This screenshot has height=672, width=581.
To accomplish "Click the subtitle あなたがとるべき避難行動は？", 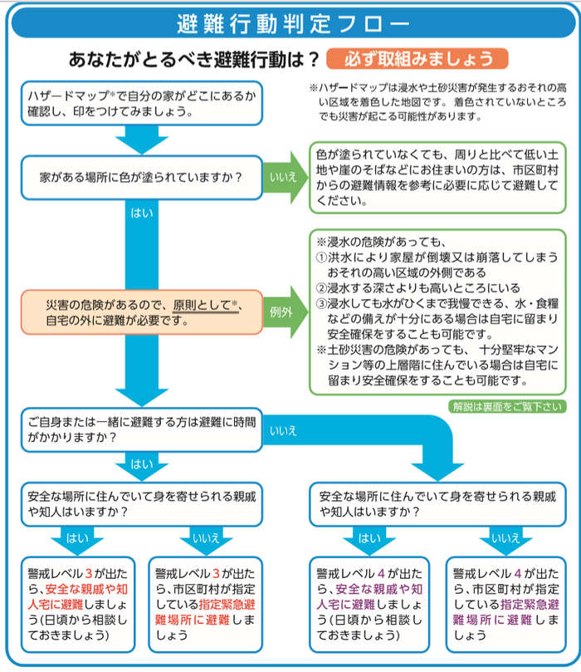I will [x=195, y=60].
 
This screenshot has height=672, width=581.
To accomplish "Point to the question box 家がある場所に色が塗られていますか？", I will [x=141, y=177].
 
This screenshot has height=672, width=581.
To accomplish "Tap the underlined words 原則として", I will [x=203, y=305].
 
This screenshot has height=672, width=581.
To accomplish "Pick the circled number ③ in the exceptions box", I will [x=322, y=304].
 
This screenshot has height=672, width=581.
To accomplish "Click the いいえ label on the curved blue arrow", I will [x=284, y=430].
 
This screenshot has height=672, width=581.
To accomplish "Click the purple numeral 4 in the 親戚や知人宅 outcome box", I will [x=379, y=573].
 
